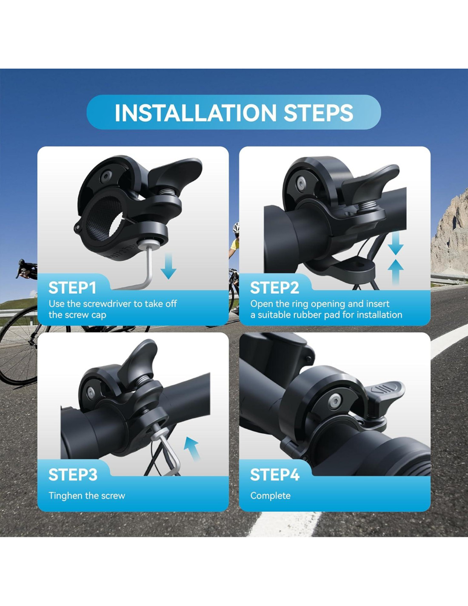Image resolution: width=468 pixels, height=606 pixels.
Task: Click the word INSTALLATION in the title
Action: [x=195, y=113]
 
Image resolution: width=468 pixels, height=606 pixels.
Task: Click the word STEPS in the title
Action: [x=319, y=113]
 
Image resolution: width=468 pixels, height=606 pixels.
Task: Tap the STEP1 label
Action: [x=72, y=288]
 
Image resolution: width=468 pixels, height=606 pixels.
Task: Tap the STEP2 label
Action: [x=274, y=288]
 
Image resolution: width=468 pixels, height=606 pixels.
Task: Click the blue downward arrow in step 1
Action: [x=168, y=266]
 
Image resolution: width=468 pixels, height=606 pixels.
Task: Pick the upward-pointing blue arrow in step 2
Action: [x=396, y=272]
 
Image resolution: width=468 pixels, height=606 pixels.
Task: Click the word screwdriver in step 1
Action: [x=108, y=304]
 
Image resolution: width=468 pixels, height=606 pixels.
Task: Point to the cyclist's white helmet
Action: [x=236, y=227]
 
